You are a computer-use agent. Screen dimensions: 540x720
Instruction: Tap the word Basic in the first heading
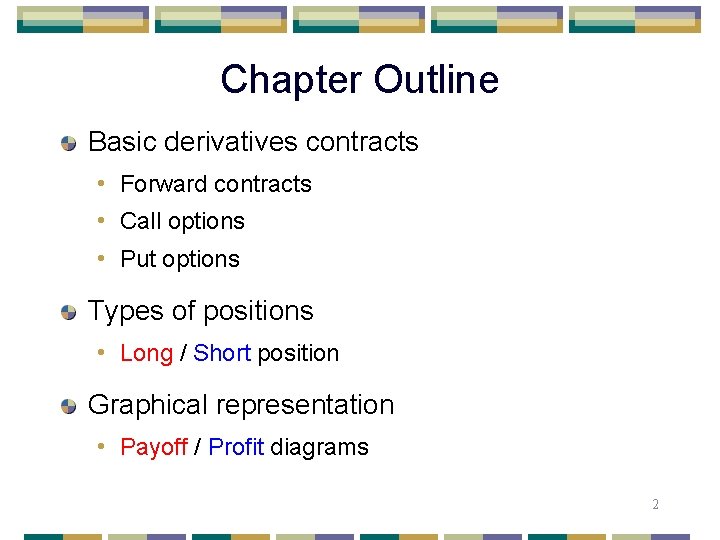click(x=120, y=142)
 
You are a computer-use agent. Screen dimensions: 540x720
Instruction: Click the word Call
click(x=139, y=221)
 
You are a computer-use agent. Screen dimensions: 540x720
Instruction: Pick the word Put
click(x=137, y=259)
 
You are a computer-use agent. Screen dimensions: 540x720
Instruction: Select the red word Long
click(x=146, y=353)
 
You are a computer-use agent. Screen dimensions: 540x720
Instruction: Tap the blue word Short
click(x=222, y=353)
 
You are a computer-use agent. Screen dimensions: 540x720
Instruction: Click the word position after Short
click(x=298, y=353)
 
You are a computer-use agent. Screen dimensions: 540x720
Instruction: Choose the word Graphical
click(x=148, y=405)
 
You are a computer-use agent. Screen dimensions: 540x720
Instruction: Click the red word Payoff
click(x=154, y=447)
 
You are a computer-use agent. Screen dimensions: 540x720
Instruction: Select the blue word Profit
click(x=236, y=447)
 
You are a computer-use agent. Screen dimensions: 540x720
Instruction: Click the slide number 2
click(x=655, y=504)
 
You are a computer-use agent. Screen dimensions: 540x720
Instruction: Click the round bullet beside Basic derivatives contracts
click(x=69, y=144)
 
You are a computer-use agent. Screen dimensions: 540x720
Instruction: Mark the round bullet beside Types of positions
click(x=69, y=313)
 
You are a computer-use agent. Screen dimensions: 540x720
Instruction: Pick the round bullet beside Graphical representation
click(x=69, y=407)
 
